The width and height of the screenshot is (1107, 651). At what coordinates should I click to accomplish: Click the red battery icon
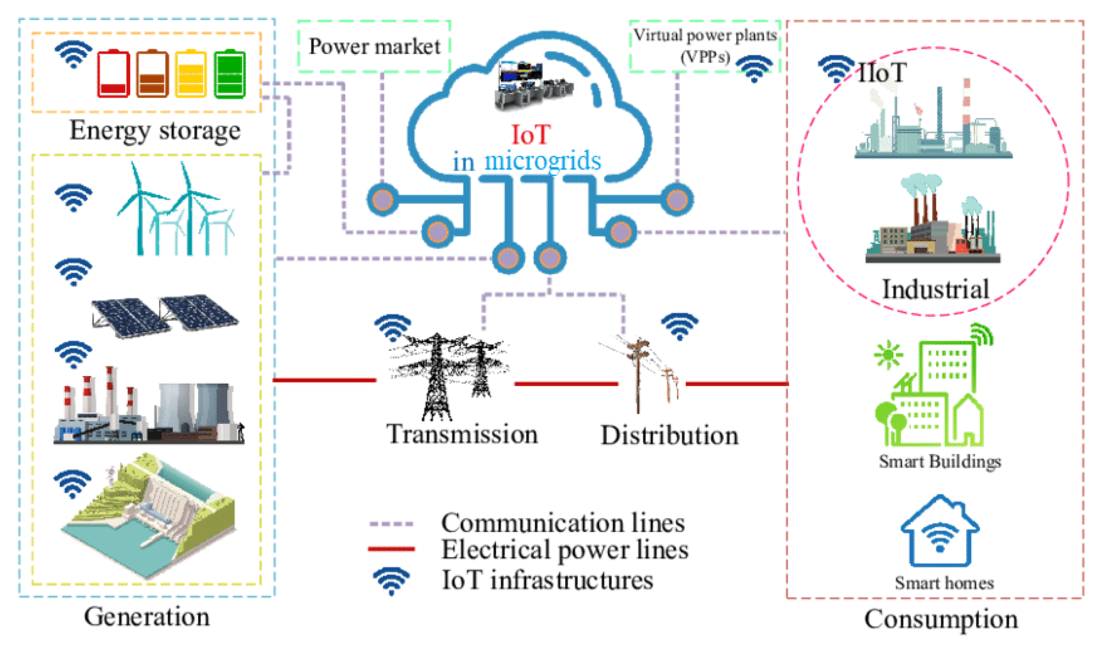[x=113, y=74]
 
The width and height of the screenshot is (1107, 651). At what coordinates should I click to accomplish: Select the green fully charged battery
[x=230, y=74]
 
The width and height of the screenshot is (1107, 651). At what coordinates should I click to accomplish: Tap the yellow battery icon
[x=190, y=74]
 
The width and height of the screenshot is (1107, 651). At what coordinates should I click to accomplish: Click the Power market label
[x=374, y=46]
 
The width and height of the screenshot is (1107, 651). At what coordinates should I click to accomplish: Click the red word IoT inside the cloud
[x=531, y=135]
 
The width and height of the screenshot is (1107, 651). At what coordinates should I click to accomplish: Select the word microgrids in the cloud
[x=543, y=161]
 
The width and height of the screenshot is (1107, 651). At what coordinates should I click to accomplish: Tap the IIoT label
[x=882, y=73]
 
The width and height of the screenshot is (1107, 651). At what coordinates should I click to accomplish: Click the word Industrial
[x=936, y=289]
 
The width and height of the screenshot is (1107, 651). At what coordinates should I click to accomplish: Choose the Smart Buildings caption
[x=940, y=461]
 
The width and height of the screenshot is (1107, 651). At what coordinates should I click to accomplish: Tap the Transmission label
[x=462, y=434]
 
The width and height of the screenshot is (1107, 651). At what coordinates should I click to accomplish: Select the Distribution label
[x=669, y=435]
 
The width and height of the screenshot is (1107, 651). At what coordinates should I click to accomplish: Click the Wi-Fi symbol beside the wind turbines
[x=73, y=198]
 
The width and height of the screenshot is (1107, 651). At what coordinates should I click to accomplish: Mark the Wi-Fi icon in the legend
[x=391, y=581]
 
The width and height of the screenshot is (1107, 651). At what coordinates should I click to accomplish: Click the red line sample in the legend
[x=391, y=549]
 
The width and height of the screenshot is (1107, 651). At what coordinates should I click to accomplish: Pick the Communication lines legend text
[x=563, y=523]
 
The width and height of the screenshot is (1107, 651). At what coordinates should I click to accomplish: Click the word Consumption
[x=941, y=619]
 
